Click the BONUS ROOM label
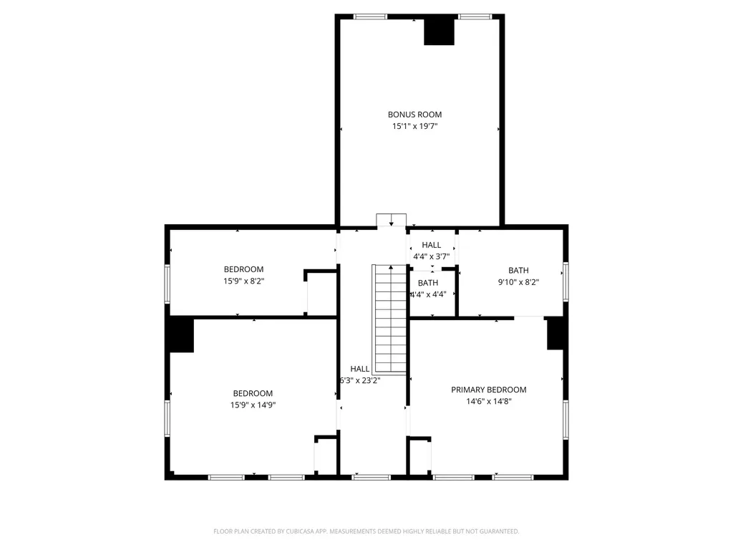[414, 115]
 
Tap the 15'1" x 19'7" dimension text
[414, 126]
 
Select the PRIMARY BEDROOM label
[488, 390]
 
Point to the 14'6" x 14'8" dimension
[488, 402]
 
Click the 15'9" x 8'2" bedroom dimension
[243, 281]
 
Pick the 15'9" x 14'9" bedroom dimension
[253, 405]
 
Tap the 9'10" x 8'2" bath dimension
[518, 282]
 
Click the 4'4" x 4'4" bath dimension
[427, 294]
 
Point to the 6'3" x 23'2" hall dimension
[359, 380]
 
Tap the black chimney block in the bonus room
[439, 31]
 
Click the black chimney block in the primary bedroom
[556, 334]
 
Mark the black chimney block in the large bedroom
[180, 335]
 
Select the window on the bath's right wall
[565, 280]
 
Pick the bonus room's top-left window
[370, 16]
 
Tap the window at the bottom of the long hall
[372, 476]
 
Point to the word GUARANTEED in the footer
[497, 531]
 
